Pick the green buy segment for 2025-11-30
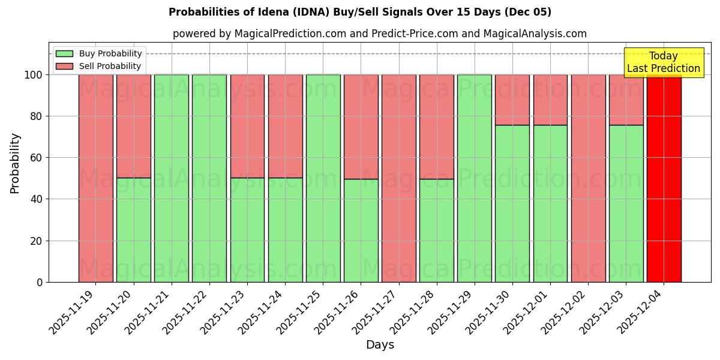pos(512,203)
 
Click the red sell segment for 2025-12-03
pos(626,100)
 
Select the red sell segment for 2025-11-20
pos(133,126)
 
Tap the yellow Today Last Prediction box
pos(663,62)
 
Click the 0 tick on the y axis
pos(40,282)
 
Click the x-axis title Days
pos(380,345)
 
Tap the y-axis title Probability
pos(15,163)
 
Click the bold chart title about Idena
pos(359,12)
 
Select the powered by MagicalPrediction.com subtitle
pos(379,34)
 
